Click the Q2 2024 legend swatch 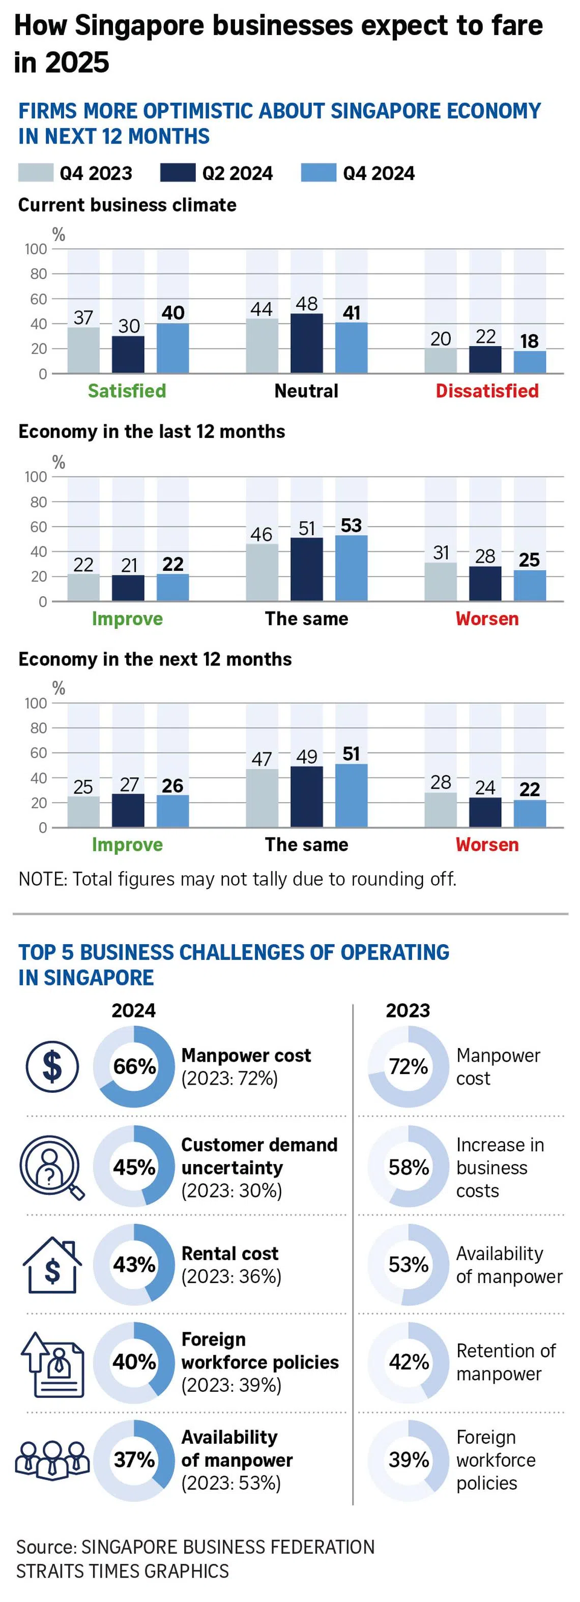tap(177, 173)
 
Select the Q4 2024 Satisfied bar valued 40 tap(173, 348)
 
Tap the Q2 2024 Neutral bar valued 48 tap(306, 343)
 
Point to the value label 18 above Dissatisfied tap(529, 341)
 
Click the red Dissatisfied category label tap(487, 391)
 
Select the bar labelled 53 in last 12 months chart tap(351, 568)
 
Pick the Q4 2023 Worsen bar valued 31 tap(441, 581)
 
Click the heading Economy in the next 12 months tap(155, 659)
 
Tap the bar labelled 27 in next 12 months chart tap(128, 810)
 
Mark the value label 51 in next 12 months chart tap(351, 754)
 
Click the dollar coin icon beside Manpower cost tap(52, 1066)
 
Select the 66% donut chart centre tap(134, 1066)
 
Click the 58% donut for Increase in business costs tap(409, 1168)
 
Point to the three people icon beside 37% tap(52, 1460)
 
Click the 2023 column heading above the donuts tap(408, 1010)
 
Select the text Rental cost tap(229, 1253)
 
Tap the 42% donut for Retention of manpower tap(409, 1362)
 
